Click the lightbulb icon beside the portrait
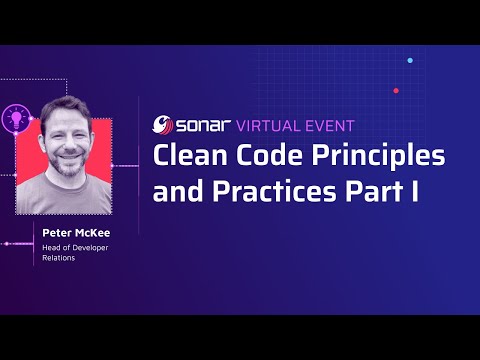click(x=16, y=117)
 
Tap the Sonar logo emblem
click(x=163, y=126)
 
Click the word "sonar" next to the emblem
click(x=200, y=126)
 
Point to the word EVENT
click(x=326, y=126)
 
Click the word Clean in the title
click(x=185, y=158)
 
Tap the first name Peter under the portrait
click(x=58, y=233)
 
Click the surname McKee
click(x=97, y=233)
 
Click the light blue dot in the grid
click(x=410, y=60)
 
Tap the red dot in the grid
click(x=396, y=90)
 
